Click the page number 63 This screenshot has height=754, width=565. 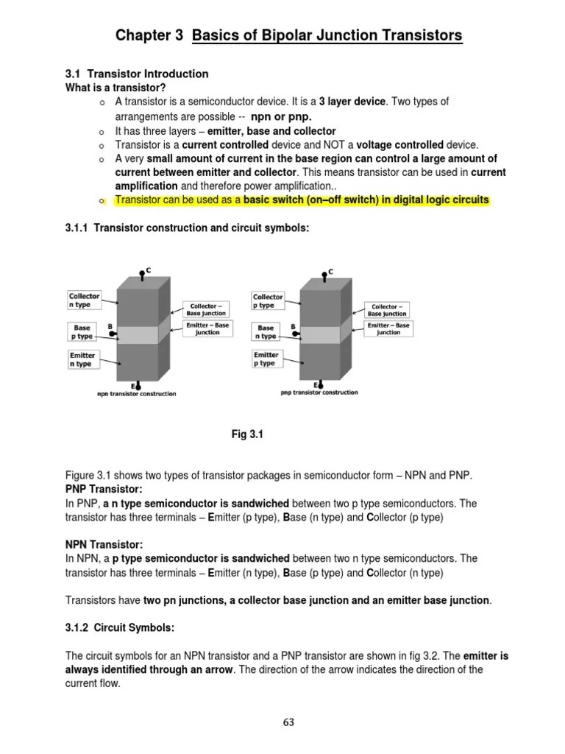[288, 722]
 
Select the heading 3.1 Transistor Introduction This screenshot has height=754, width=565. [138, 74]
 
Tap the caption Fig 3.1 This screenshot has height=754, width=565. [247, 434]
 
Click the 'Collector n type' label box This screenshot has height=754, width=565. [84, 300]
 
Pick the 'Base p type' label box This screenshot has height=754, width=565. [83, 331]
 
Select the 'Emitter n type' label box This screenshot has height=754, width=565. [83, 359]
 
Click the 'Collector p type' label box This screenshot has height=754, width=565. [268, 300]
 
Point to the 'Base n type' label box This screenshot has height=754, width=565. [266, 331]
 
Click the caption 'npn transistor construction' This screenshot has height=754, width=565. [137, 394]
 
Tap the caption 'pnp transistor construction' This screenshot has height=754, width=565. [319, 392]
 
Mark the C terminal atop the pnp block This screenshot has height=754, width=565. [324, 276]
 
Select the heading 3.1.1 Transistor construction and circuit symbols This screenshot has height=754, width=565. [188, 228]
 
